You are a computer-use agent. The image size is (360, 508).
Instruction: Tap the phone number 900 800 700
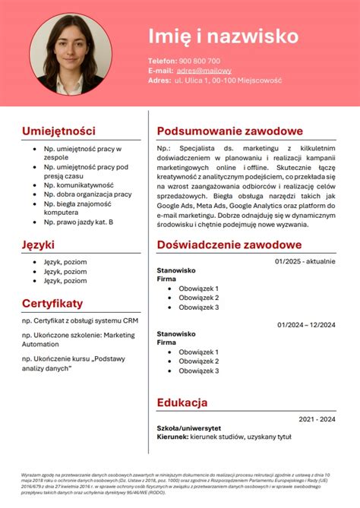(x=200, y=61)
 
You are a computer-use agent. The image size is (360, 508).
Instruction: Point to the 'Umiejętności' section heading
(x=58, y=131)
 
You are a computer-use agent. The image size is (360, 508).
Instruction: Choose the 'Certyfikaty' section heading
(x=52, y=303)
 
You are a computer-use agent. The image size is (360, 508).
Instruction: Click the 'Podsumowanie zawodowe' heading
(x=229, y=131)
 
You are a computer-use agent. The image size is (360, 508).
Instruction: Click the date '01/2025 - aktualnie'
(x=305, y=261)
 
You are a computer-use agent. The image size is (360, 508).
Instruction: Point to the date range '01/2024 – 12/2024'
(x=306, y=325)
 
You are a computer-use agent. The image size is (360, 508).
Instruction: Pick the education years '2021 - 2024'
(x=317, y=419)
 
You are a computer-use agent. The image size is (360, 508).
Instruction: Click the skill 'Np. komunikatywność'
(x=78, y=185)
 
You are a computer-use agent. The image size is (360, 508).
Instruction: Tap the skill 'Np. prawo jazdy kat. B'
(x=78, y=222)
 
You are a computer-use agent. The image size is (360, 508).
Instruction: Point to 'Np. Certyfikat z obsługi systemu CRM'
(x=81, y=320)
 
